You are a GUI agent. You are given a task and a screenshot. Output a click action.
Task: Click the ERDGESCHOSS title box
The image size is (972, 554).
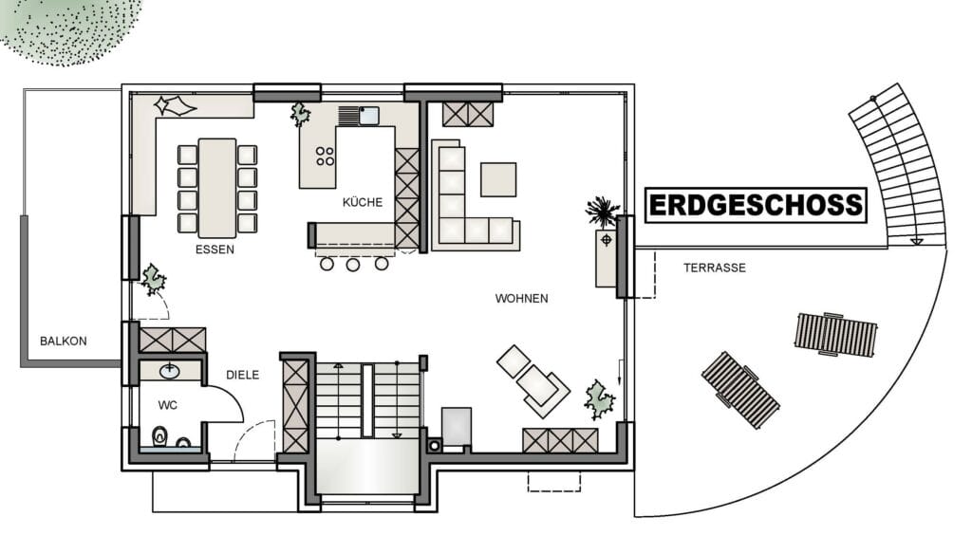click(756, 205)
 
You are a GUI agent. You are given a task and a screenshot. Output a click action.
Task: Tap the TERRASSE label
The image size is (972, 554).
click(715, 268)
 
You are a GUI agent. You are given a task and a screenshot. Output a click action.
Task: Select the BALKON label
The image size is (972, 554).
click(64, 341)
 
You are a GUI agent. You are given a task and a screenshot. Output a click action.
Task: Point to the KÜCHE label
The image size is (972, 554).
click(363, 202)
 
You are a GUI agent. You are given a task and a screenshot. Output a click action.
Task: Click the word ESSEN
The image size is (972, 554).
click(215, 249)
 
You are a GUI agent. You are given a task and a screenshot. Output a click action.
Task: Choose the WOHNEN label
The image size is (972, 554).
click(521, 299)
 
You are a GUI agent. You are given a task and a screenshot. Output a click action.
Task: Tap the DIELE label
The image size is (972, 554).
click(242, 375)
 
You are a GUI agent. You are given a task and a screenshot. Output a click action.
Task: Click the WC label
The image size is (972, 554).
click(167, 405)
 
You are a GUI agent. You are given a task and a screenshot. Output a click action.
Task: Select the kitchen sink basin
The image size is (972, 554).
click(369, 116)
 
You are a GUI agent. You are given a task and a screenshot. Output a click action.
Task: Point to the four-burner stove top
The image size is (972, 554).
click(325, 157)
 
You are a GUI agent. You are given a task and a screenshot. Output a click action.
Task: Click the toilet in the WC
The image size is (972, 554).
click(159, 436)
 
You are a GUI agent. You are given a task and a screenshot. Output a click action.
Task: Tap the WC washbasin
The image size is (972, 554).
click(170, 371)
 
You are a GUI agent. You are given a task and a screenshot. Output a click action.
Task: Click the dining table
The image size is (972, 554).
click(217, 188)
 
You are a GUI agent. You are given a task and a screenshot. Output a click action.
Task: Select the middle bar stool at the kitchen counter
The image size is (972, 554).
click(353, 266)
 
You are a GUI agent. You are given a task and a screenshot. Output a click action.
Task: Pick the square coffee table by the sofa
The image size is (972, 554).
click(498, 179)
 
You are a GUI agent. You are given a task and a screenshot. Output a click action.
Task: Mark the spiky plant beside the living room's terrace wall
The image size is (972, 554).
click(602, 212)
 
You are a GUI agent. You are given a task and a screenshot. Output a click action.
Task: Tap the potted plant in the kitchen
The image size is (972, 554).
click(301, 114)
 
